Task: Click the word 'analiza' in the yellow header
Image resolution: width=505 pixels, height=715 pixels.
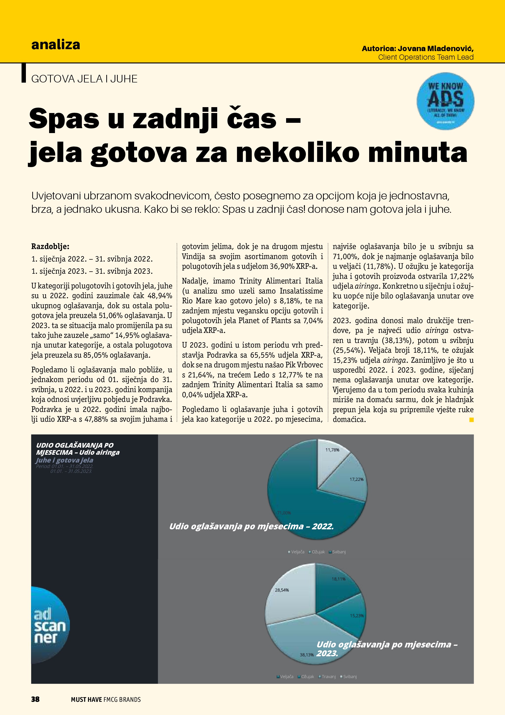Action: click(x=56, y=45)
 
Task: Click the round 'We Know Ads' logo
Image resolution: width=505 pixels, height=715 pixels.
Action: click(x=445, y=101)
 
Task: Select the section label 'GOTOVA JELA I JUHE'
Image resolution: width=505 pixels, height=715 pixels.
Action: click(x=84, y=79)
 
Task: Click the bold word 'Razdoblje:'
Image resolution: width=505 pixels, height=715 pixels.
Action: click(x=50, y=247)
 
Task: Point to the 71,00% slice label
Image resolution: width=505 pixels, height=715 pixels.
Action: click(x=284, y=513)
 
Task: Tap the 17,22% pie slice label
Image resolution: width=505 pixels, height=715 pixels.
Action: click(x=356, y=479)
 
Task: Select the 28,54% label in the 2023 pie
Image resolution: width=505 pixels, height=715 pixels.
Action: click(x=282, y=590)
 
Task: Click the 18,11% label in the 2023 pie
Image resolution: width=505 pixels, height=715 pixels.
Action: click(x=338, y=579)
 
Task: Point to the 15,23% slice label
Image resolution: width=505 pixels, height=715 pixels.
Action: click(x=357, y=616)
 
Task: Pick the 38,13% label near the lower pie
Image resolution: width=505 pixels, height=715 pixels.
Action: click(x=307, y=655)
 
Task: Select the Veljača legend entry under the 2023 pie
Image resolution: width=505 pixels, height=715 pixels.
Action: click(x=286, y=676)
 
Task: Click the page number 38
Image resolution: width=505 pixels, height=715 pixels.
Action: click(x=35, y=699)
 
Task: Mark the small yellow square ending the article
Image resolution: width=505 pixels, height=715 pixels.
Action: click(x=471, y=420)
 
